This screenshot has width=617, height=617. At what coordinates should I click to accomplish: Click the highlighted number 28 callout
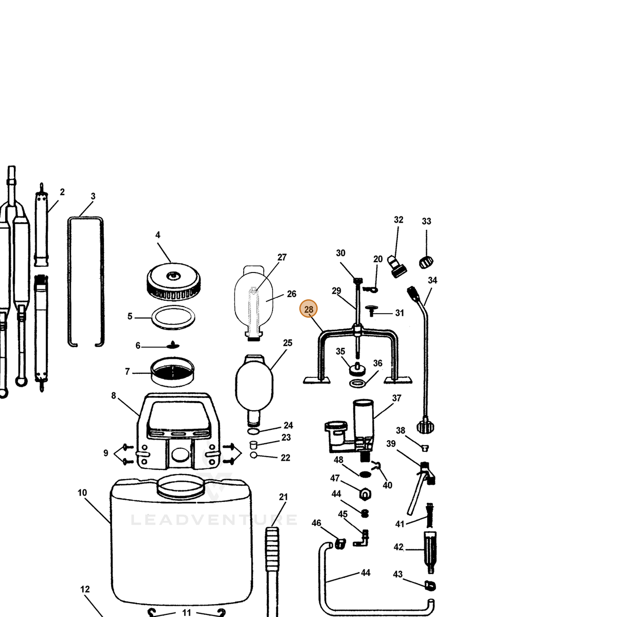coord(308,309)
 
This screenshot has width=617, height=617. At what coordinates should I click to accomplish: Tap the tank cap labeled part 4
coord(174,281)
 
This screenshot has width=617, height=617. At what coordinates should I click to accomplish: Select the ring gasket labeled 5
coord(173,317)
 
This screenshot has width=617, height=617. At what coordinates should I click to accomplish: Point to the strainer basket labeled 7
coord(172,372)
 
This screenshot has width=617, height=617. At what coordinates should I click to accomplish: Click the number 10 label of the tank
coord(82,493)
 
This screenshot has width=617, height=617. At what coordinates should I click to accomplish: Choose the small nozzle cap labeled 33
coord(426,262)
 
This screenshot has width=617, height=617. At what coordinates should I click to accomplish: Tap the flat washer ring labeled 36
coord(358,383)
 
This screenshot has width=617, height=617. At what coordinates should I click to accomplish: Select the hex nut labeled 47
coord(365,494)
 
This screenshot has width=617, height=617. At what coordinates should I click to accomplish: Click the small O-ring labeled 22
coord(253,455)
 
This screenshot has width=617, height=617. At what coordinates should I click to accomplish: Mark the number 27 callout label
coord(282,257)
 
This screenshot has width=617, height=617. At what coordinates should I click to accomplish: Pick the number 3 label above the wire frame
coord(93,196)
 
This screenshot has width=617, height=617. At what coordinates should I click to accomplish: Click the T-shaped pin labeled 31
coord(371,310)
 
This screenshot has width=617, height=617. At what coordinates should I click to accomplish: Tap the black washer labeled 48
coord(365,474)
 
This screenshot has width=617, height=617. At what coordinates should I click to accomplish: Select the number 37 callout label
coord(396,398)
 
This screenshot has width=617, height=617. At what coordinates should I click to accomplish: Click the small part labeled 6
coord(173,345)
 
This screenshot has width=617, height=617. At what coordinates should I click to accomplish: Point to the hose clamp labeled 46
coord(340,543)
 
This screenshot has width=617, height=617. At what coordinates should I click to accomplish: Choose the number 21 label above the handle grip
coord(283,497)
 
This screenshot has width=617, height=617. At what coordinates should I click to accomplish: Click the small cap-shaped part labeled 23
coord(253,445)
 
